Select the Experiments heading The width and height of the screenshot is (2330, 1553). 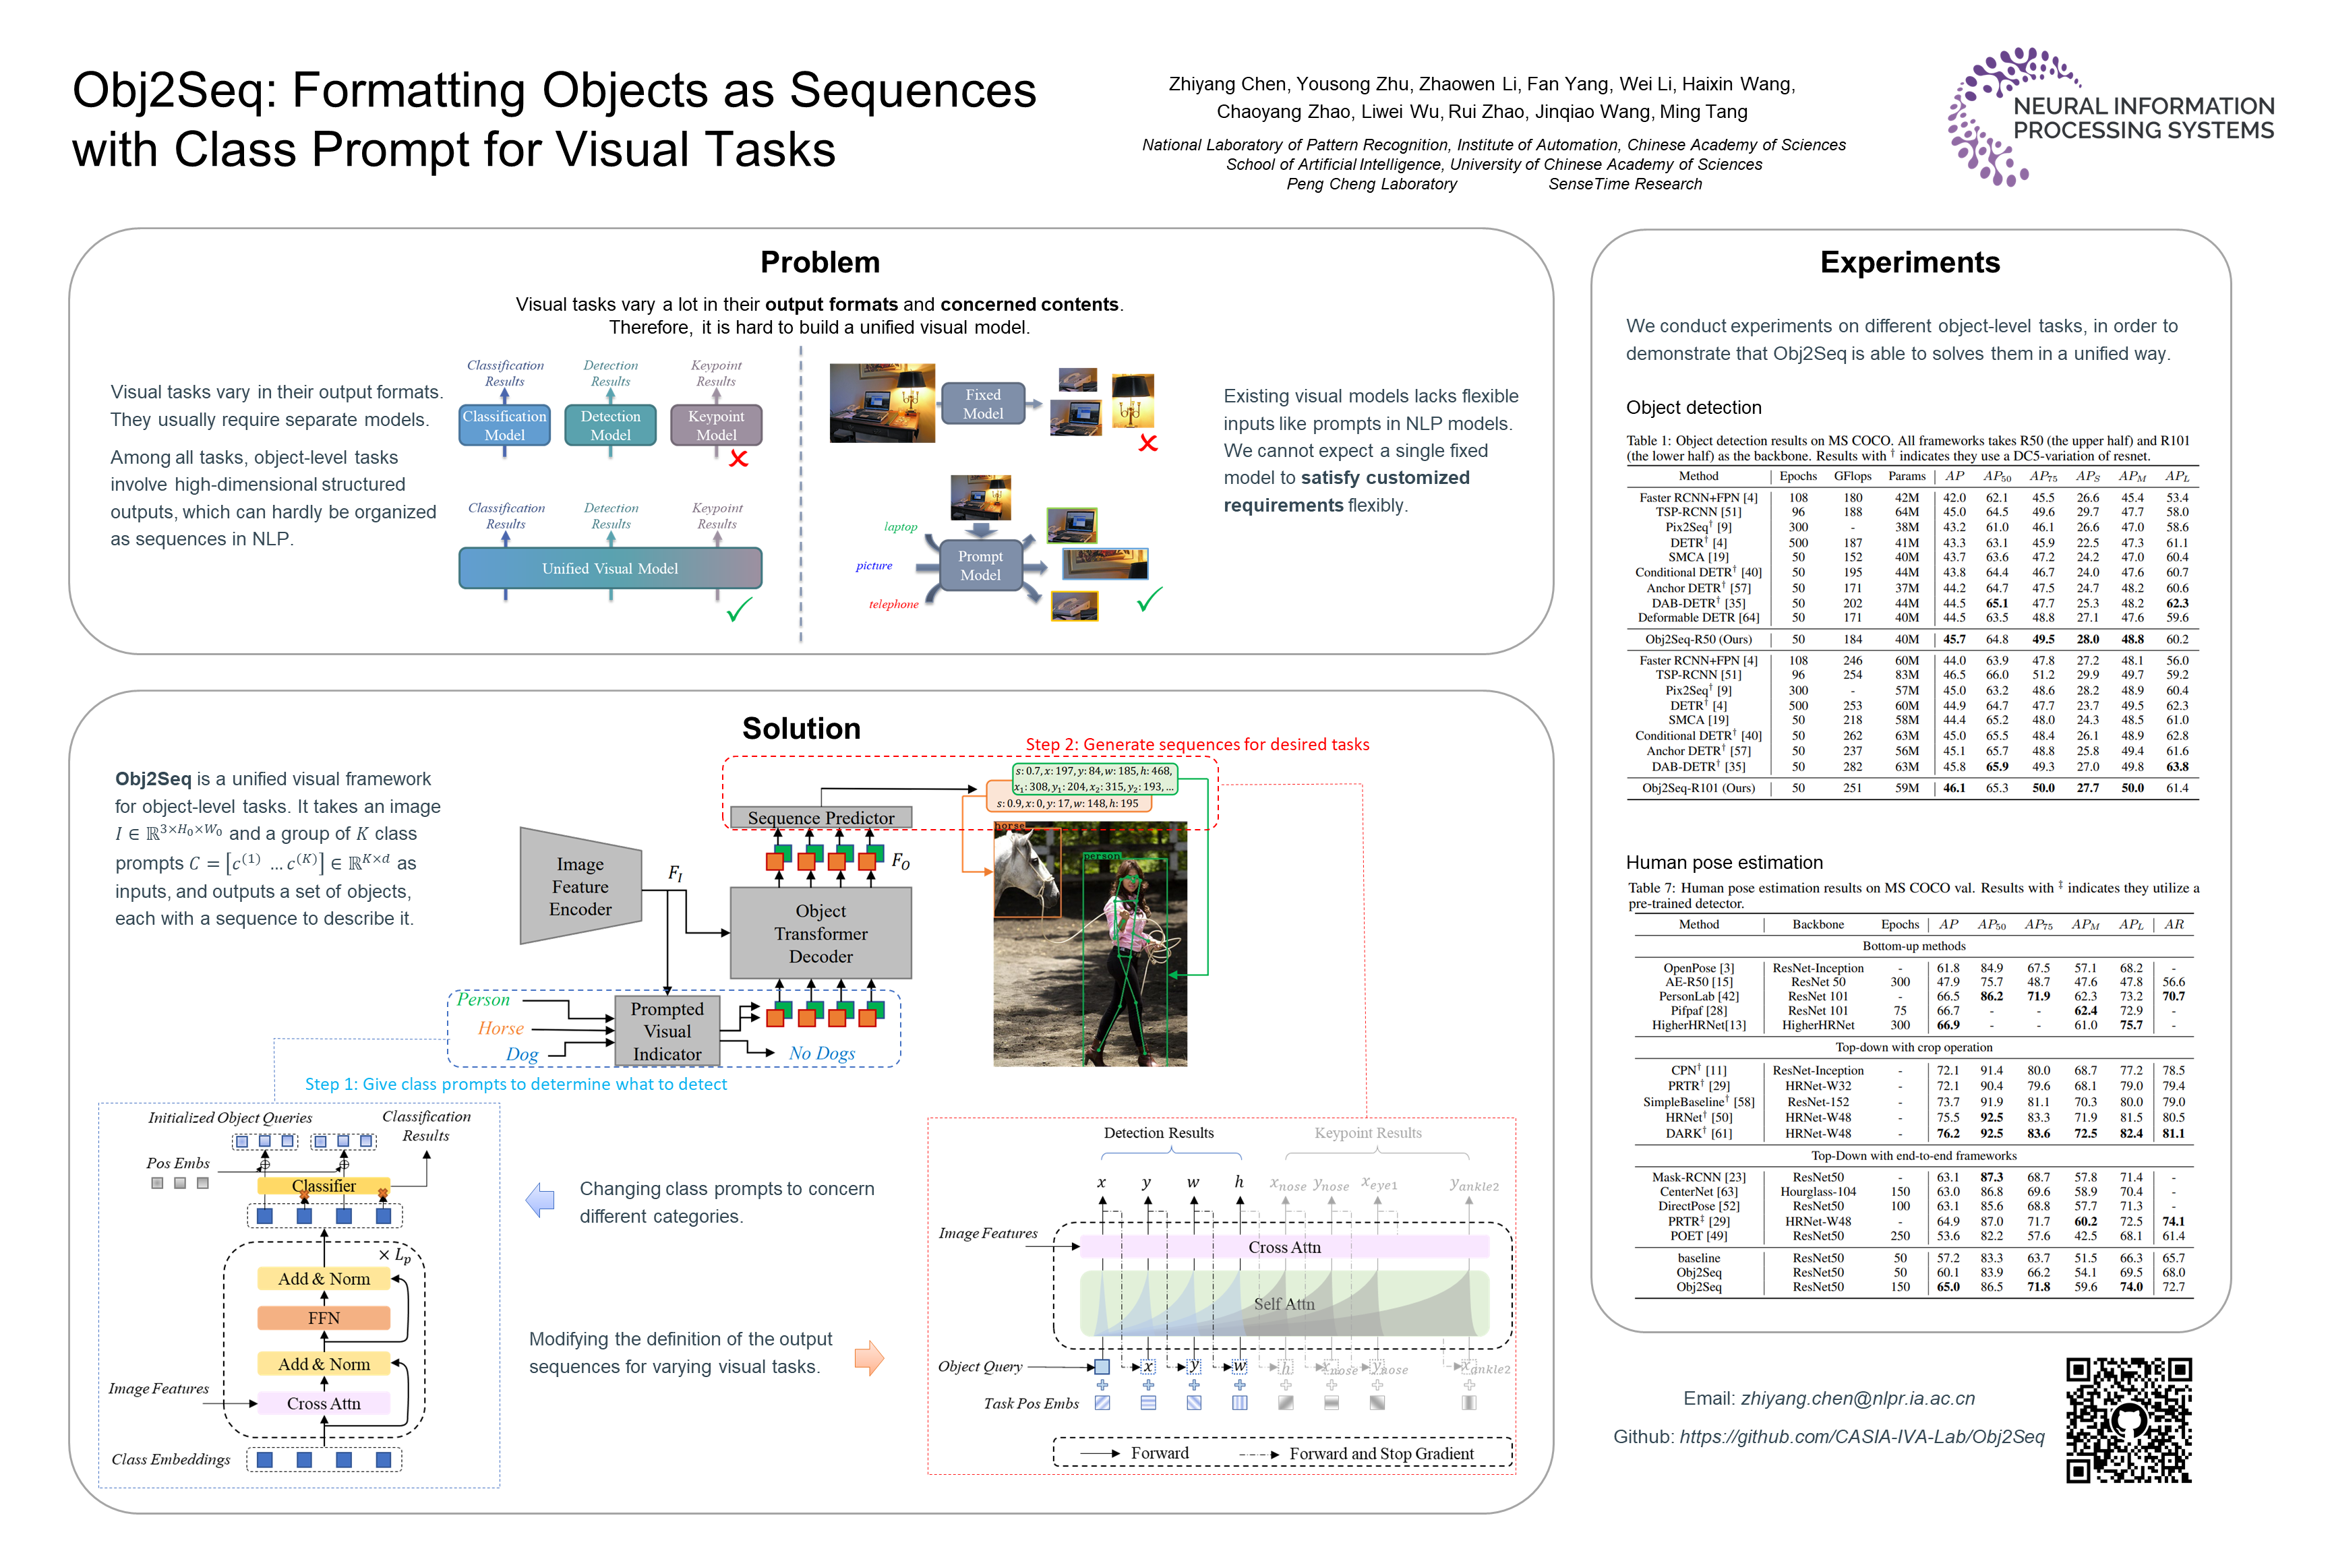pos(1909,262)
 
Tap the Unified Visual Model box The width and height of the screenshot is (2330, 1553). pos(609,568)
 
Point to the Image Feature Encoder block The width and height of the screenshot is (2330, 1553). pos(580,886)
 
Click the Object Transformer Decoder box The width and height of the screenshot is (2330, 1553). pos(820,933)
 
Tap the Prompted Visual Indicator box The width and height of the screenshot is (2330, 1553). pos(667,1031)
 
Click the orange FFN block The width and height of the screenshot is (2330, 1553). pos(323,1318)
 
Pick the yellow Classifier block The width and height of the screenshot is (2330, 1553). pos(323,1186)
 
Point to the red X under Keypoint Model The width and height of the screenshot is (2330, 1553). pos(738,458)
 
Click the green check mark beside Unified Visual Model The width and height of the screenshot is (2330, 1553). pos(739,609)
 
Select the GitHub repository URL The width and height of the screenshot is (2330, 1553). pos(1861,1437)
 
